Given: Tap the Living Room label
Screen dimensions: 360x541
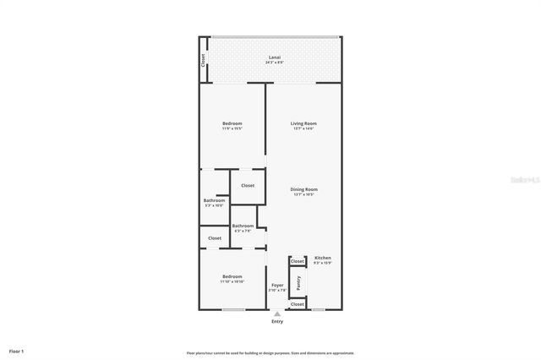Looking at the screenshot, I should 303,123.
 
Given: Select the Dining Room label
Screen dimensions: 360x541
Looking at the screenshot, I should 303,189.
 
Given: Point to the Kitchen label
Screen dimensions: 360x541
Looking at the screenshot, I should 323,258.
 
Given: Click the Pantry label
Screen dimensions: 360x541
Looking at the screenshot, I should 298,282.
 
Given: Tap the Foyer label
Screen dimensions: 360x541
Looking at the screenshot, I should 277,286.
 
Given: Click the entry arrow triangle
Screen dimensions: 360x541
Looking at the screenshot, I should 277,314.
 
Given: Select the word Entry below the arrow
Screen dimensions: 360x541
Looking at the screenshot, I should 277,322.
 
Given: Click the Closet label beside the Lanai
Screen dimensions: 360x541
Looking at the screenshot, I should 204,61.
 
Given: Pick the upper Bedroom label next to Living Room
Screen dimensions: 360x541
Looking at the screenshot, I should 232,123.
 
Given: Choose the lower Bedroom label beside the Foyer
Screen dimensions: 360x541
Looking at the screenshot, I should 232,276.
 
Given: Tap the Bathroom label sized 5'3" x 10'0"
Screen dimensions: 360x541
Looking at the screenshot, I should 214,200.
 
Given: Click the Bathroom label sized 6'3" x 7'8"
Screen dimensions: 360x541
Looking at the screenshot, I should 243,226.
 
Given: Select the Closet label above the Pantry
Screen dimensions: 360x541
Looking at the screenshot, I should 298,262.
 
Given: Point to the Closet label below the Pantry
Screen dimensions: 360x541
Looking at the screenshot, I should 298,303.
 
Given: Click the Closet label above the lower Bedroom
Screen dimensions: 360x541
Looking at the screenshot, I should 215,238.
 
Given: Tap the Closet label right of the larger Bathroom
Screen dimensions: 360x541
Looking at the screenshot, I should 248,186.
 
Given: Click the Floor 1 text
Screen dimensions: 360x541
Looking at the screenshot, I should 17,351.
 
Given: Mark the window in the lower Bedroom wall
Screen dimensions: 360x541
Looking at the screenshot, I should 233,310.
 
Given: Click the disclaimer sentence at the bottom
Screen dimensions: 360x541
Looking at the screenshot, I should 270,352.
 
